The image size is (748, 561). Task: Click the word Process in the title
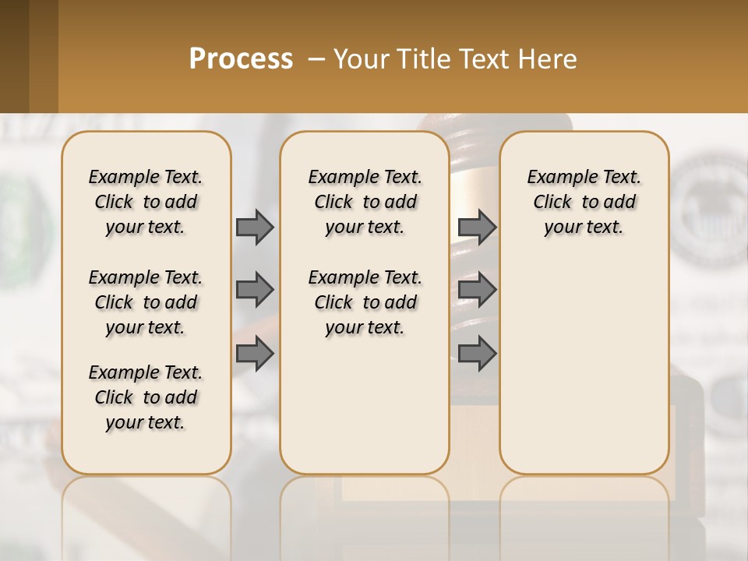pos(241,58)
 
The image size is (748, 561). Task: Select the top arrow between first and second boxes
pos(255,227)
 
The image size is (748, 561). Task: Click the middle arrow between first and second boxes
pos(255,291)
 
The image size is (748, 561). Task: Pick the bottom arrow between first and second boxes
pos(255,355)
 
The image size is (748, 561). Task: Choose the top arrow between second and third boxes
pos(477,227)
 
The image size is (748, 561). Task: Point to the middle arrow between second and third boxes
pos(477,291)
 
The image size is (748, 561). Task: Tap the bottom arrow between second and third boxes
pos(477,355)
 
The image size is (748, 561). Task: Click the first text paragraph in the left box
pos(146,202)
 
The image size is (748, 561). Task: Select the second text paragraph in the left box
pos(146,302)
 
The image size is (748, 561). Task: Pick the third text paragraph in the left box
pos(146,397)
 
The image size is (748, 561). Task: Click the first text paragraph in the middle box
pos(365,202)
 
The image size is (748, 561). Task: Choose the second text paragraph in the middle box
pos(365,302)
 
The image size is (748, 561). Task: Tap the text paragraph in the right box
pos(584,202)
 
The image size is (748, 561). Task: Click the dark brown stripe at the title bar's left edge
pos(14,56)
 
